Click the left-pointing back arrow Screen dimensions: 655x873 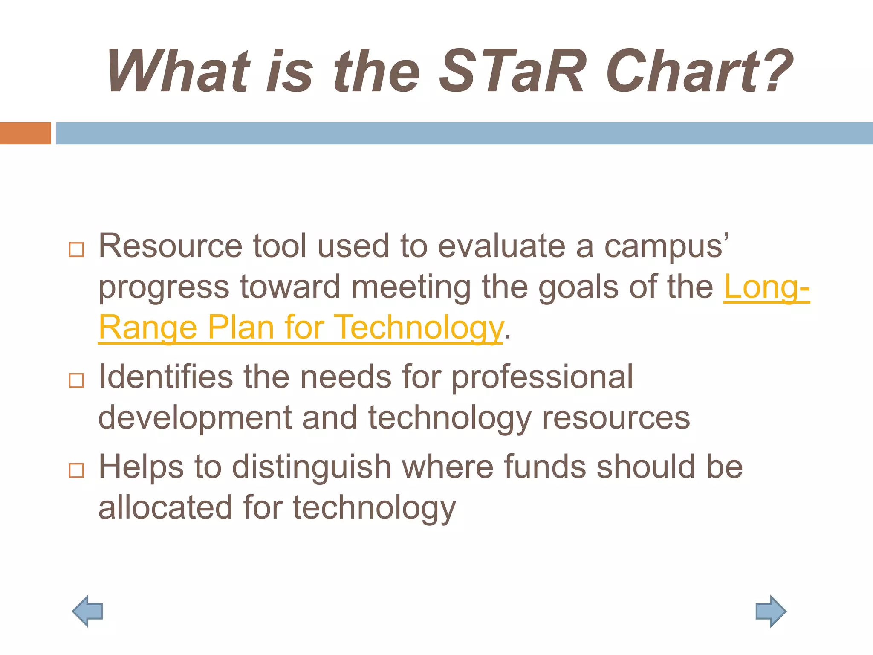(88, 611)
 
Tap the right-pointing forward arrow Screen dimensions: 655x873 (770, 611)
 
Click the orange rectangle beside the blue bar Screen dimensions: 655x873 (25, 133)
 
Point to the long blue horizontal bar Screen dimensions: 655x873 (464, 133)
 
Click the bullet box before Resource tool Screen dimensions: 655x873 (76, 249)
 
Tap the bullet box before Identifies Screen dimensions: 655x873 (76, 380)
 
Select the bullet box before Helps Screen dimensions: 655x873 (76, 470)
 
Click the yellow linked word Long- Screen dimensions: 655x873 (766, 287)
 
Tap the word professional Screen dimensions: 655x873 (542, 378)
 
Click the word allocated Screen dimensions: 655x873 (165, 507)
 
